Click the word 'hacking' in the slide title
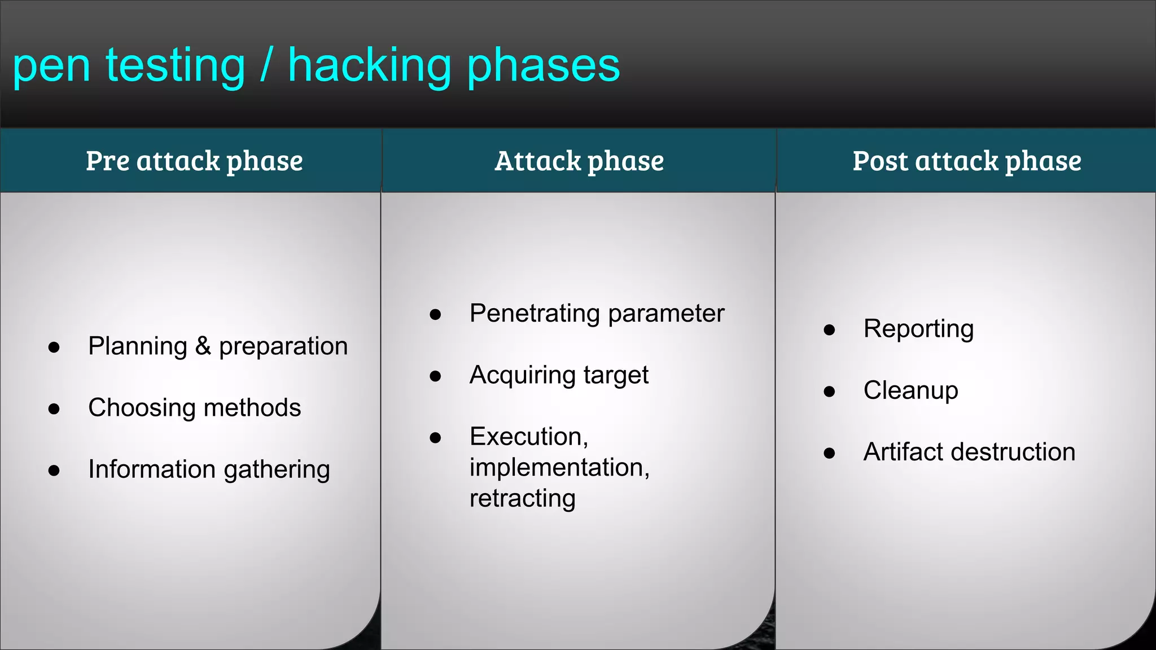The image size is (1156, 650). click(370, 66)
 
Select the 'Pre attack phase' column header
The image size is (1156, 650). click(194, 161)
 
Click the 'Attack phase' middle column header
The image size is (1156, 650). click(579, 161)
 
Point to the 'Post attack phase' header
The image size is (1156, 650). click(966, 161)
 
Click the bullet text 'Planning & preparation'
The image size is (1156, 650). click(218, 346)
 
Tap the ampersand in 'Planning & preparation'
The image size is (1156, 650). click(203, 346)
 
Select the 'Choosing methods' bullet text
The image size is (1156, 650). click(194, 408)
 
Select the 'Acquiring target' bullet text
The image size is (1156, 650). click(559, 375)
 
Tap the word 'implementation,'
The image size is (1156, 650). click(559, 468)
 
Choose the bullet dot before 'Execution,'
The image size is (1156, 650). click(435, 438)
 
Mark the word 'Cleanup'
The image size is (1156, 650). click(910, 391)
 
